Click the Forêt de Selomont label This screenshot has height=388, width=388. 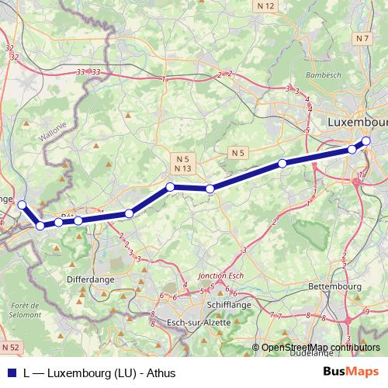(x=23, y=310)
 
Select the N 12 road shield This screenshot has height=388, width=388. (x=265, y=6)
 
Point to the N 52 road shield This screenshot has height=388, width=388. (x=10, y=345)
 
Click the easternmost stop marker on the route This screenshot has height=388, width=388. (x=366, y=140)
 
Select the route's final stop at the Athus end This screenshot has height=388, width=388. (x=23, y=205)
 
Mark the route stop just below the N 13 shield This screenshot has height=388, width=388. (x=170, y=186)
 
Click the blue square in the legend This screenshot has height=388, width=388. (x=11, y=372)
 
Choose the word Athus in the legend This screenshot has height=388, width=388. (x=161, y=372)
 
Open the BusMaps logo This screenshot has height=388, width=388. (x=350, y=371)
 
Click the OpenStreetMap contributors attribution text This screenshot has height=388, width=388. (x=321, y=348)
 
